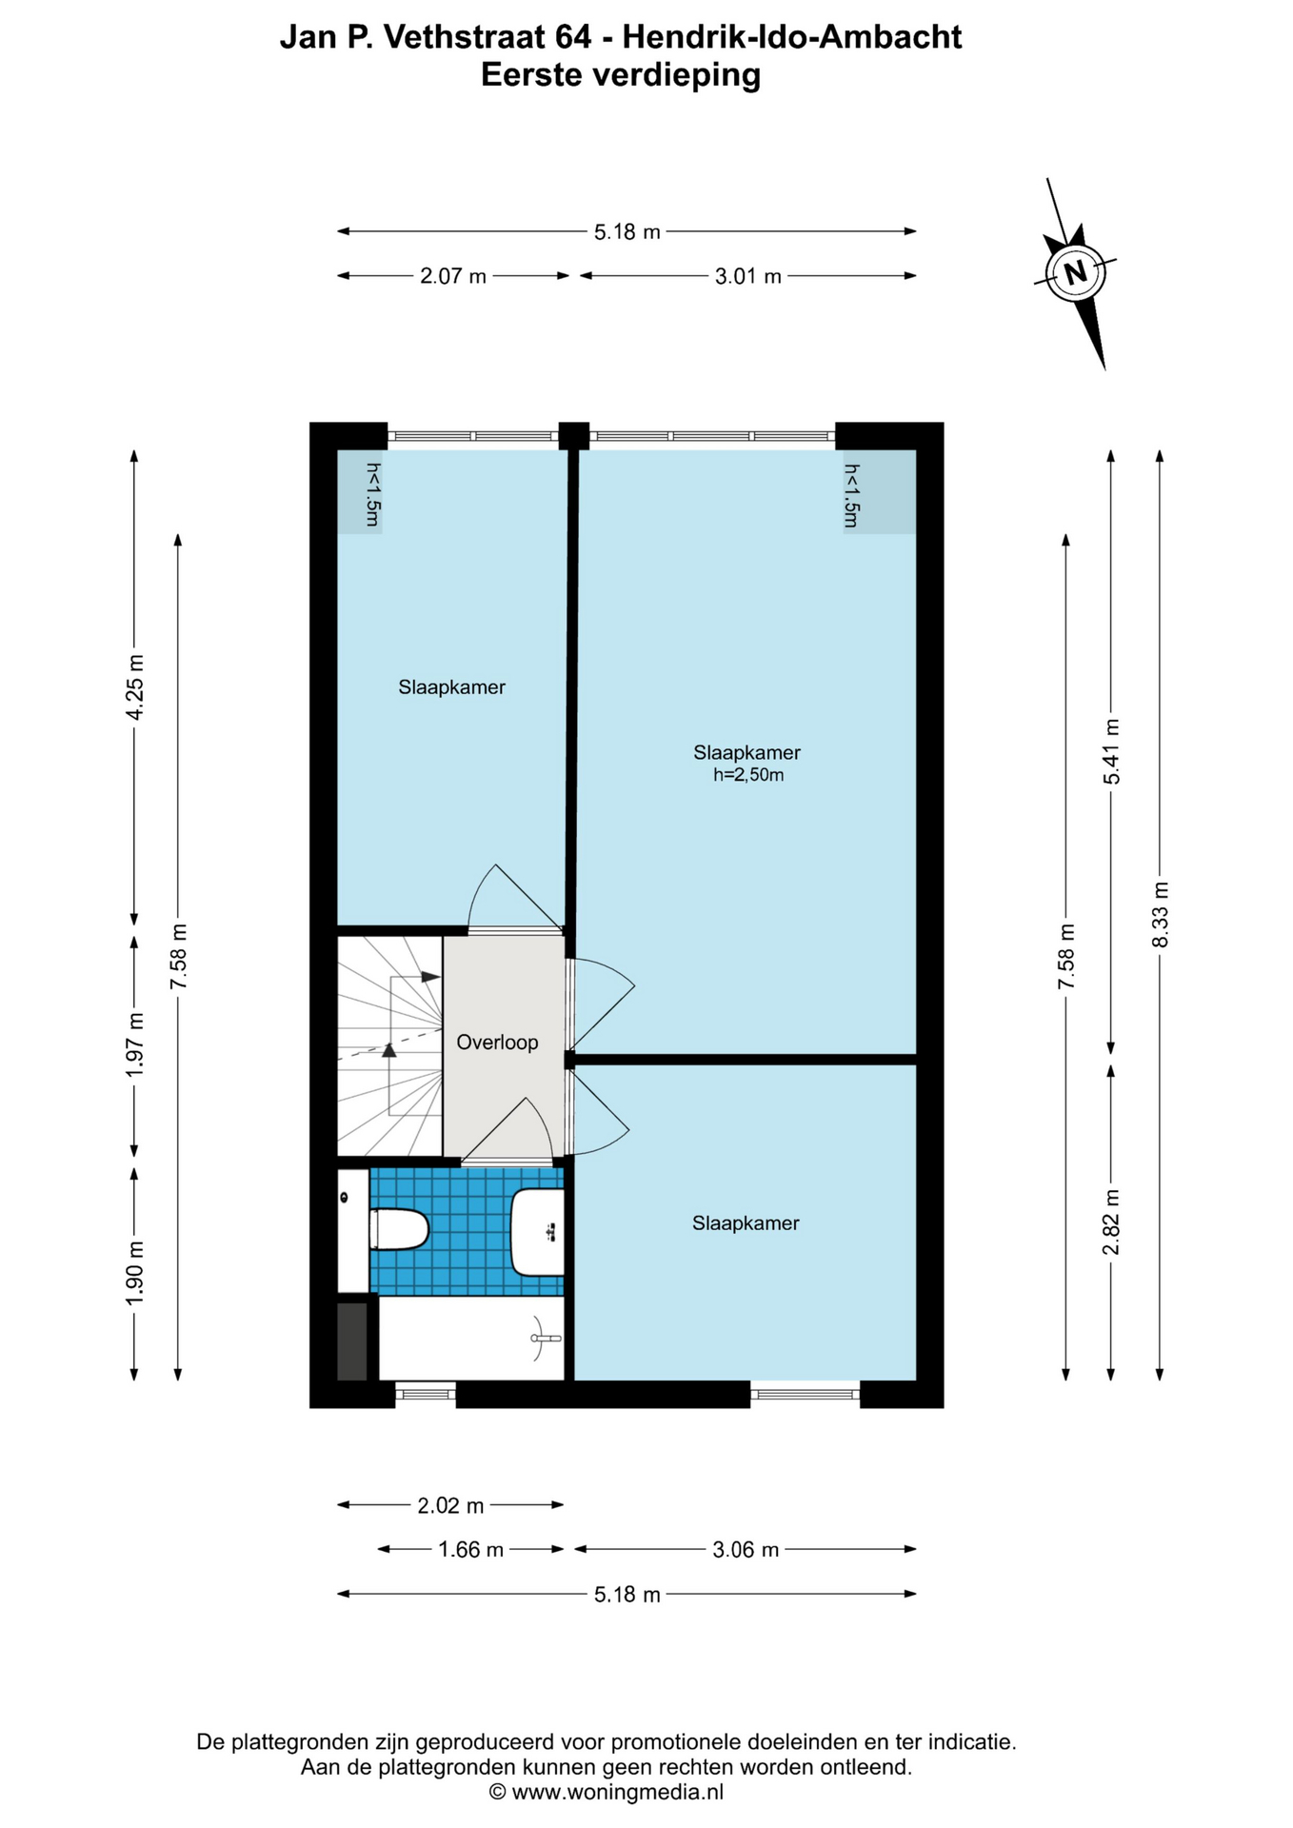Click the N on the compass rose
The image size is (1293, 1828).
point(1075,273)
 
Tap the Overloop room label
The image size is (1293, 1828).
point(497,1043)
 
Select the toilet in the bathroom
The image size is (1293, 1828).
point(399,1229)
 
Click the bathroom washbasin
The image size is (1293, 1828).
point(538,1232)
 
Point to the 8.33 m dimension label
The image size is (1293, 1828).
point(1160,915)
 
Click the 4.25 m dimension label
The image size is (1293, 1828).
point(134,687)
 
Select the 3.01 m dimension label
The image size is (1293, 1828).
point(747,276)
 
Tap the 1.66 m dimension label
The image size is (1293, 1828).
point(470,1550)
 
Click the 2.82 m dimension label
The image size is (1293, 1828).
point(1110,1222)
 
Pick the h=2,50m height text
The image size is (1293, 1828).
point(748,775)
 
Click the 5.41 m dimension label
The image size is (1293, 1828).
point(1110,751)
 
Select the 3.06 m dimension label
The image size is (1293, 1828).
point(746,1550)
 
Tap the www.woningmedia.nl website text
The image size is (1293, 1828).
point(618,1792)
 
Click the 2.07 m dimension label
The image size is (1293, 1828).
point(453,276)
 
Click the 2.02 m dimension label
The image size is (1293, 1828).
point(450,1505)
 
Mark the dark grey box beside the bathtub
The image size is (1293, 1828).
point(352,1341)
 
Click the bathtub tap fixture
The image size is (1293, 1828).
point(543,1339)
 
